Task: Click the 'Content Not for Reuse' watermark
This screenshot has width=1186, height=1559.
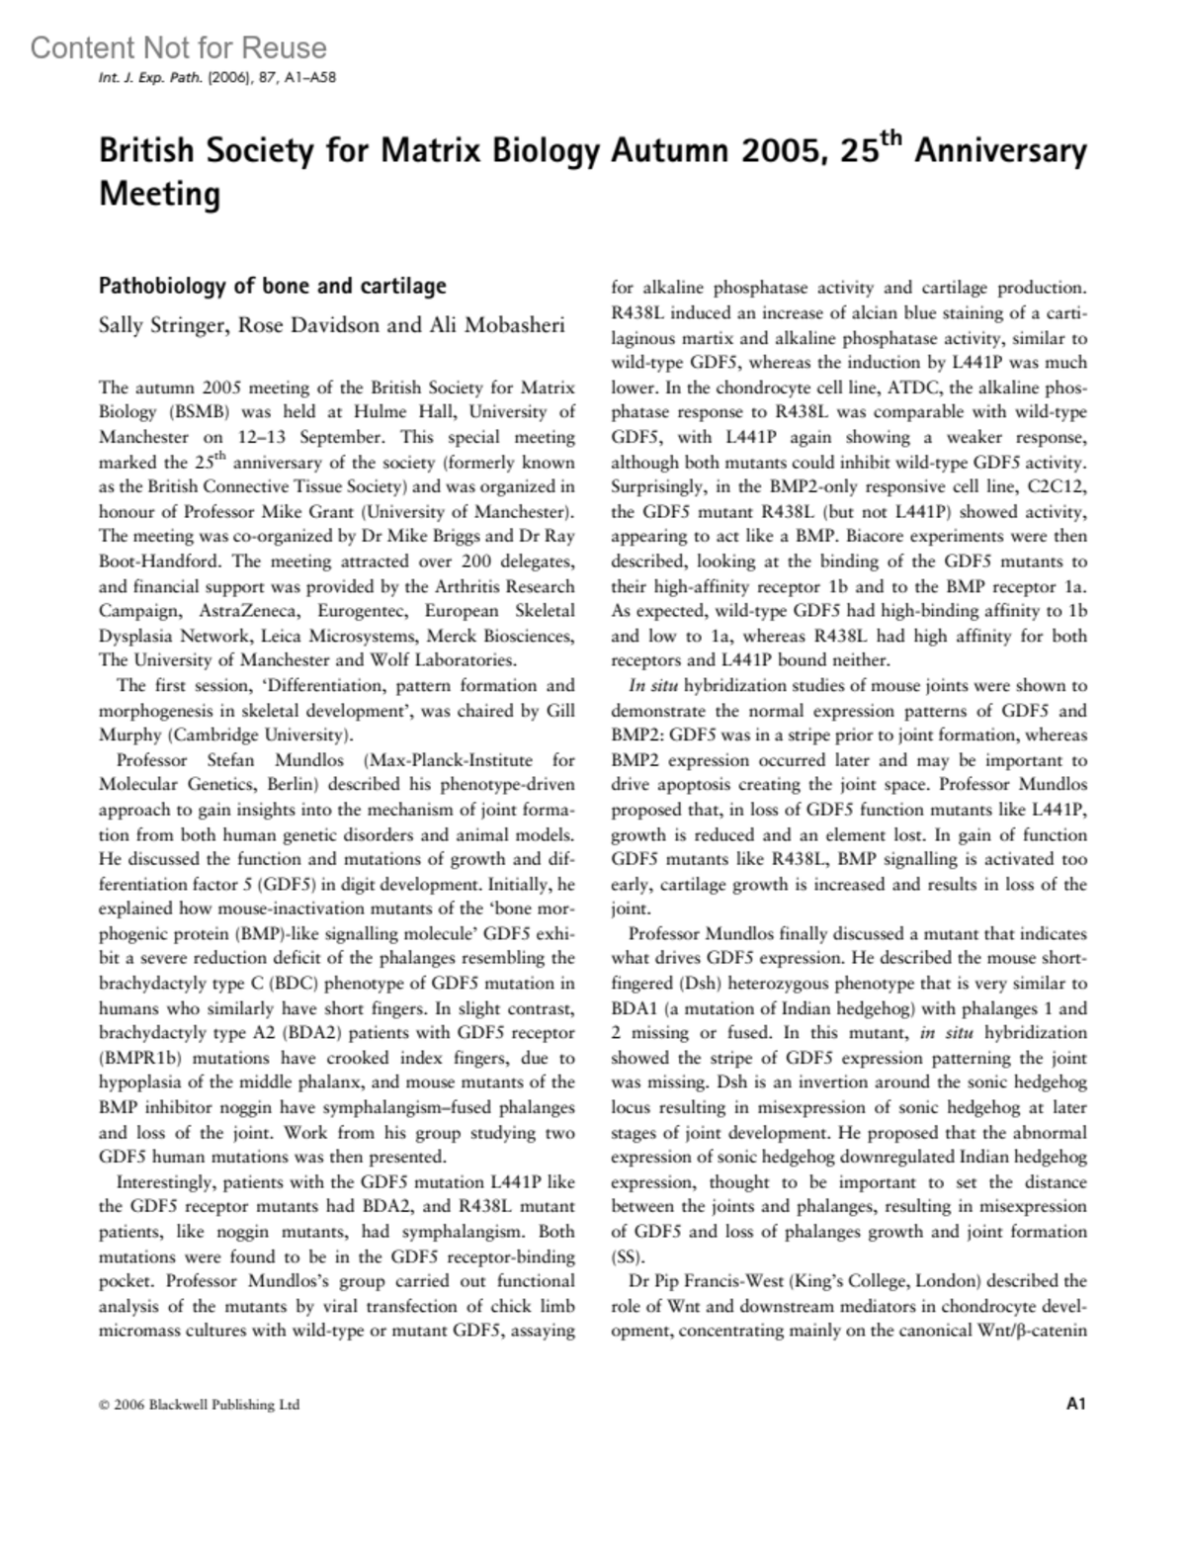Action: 178,47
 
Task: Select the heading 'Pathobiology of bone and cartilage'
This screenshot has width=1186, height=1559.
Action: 272,287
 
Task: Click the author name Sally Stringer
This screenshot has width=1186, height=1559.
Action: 158,325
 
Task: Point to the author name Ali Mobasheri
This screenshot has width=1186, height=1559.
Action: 498,325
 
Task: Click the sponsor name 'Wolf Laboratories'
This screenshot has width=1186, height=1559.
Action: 451,660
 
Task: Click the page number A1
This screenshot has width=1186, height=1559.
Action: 1076,1404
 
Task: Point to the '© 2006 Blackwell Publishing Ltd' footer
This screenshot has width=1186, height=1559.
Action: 199,1405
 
